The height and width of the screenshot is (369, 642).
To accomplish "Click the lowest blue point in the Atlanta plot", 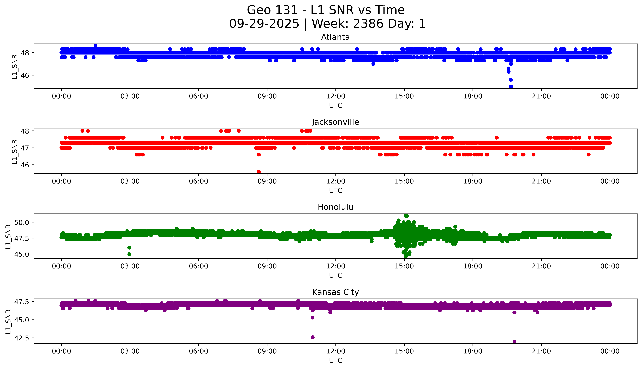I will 511,86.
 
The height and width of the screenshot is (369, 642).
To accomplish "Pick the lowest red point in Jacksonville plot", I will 259,172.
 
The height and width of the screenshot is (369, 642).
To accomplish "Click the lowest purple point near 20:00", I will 514,341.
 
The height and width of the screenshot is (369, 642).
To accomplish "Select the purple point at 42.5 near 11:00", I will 313,337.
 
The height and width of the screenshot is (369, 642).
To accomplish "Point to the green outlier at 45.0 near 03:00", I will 129,254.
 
